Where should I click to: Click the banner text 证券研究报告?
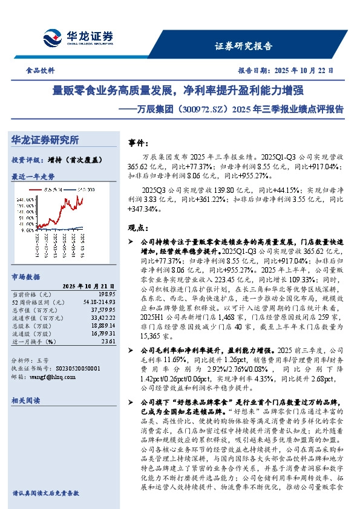pyautogui.click(x=244, y=46)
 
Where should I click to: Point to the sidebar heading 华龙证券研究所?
pyautogui.click(x=45, y=140)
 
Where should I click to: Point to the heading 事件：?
pyautogui.click(x=140, y=143)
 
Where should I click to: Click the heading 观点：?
pyautogui.click(x=140, y=228)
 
